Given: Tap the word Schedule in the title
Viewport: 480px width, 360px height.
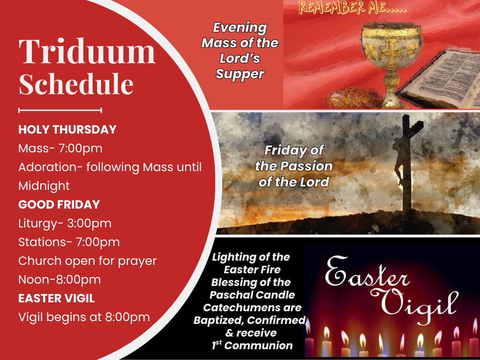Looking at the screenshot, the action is tap(76, 83).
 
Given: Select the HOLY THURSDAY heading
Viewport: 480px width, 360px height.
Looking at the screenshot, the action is tap(67, 129).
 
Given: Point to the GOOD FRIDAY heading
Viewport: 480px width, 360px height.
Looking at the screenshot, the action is tap(59, 204).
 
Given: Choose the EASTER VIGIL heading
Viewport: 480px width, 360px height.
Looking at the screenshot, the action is tap(56, 299).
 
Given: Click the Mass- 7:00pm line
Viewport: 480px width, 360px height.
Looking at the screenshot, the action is tap(60, 149).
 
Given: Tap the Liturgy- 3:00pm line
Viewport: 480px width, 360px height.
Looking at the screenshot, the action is tap(65, 224).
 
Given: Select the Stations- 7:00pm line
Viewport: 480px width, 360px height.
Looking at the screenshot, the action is tap(69, 242).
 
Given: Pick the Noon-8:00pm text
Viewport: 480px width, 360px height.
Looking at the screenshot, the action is tap(60, 280).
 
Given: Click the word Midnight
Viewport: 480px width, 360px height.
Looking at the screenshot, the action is tap(44, 186).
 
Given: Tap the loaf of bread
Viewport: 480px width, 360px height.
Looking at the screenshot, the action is tap(353, 98).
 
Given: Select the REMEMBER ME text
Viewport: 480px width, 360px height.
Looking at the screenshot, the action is tap(353, 8).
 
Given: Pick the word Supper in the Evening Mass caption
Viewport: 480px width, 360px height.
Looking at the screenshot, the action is tap(240, 75).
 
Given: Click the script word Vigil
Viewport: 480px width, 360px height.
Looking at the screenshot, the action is tap(415, 304).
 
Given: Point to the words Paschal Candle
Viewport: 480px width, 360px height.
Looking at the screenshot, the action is tap(252, 295).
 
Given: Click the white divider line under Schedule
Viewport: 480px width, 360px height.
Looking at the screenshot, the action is tap(60, 110).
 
